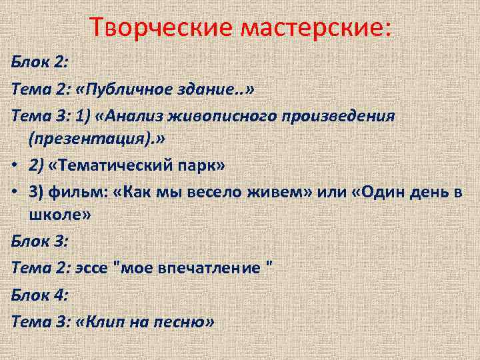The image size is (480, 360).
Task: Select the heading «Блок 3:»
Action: (x=38, y=241)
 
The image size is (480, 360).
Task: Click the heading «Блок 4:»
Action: (x=38, y=294)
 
